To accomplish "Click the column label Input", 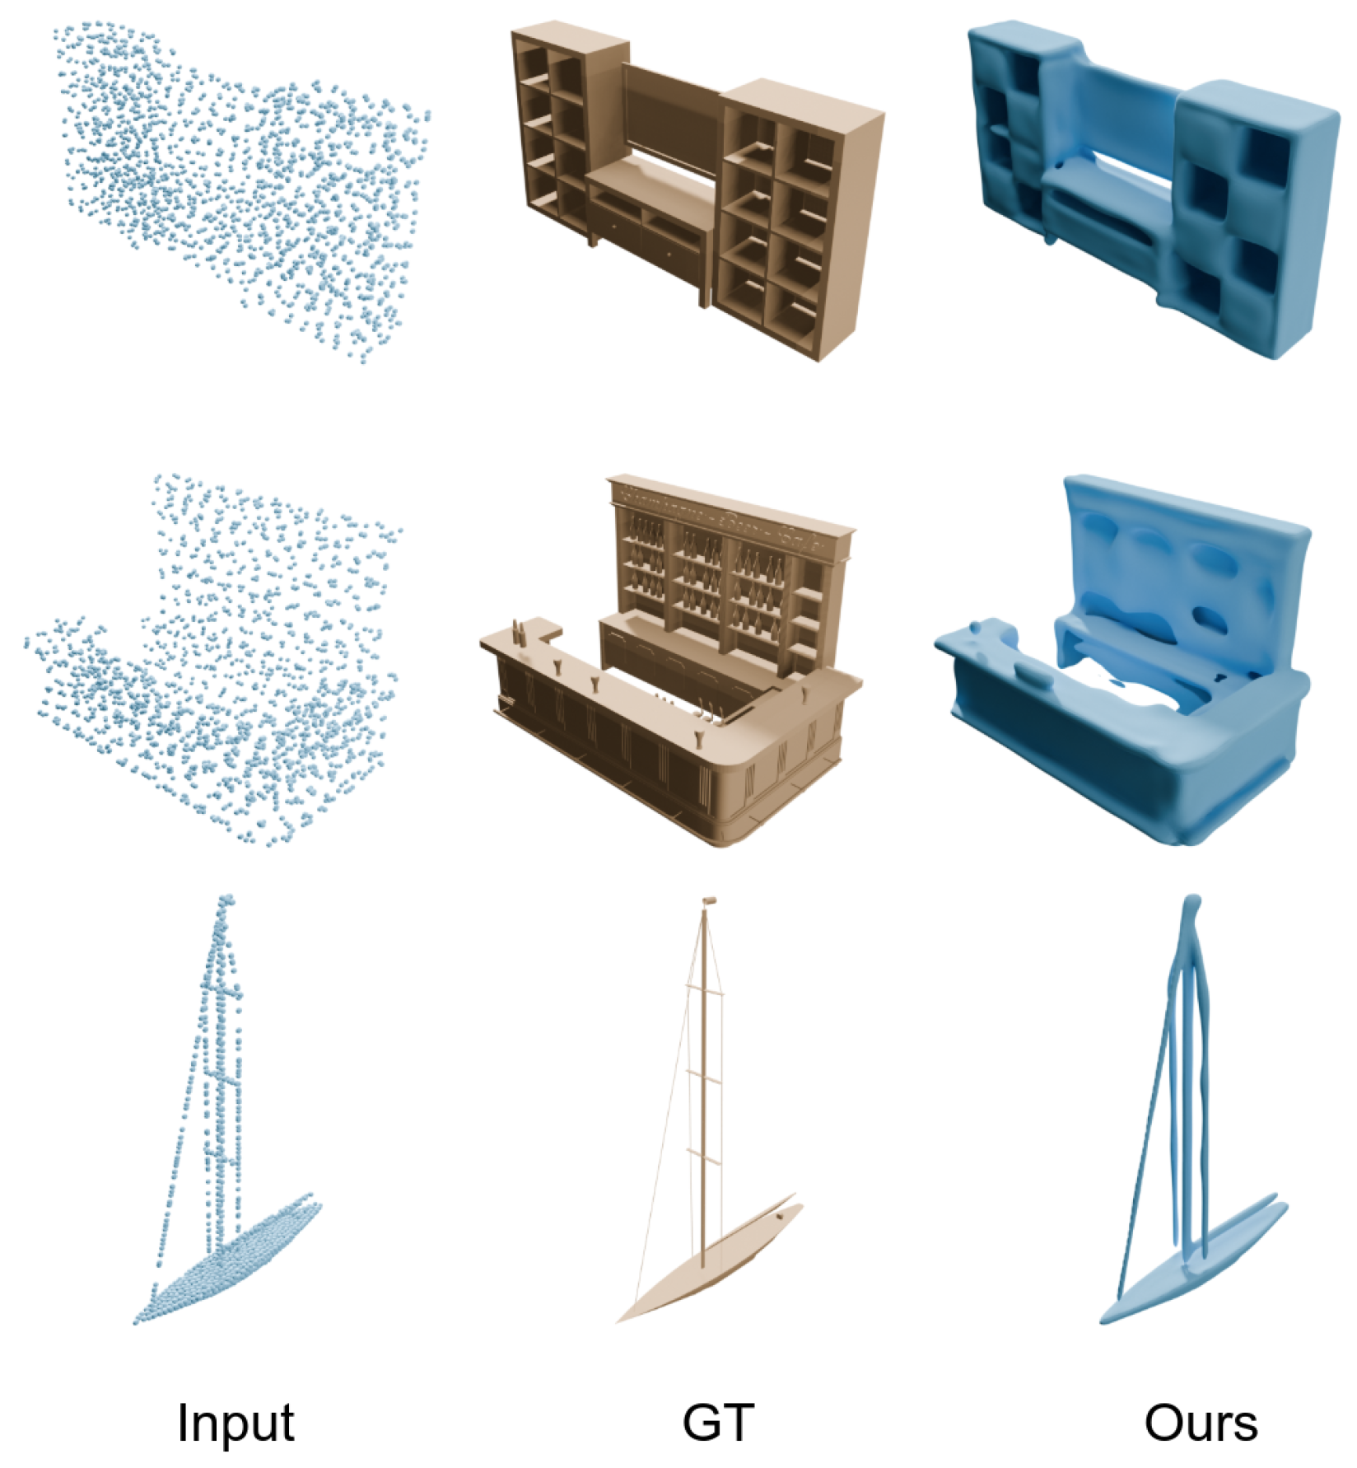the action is tap(235, 1423).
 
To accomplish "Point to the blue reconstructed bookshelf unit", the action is tap(1153, 189).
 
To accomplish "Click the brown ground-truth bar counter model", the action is tap(671, 659).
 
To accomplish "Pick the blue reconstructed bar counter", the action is tap(1124, 659).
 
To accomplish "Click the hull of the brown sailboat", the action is tap(708, 1260).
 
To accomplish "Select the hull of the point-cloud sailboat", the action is tap(226, 1260).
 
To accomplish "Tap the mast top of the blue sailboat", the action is tap(1191, 906).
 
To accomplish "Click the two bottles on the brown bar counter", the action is tap(520, 633).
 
